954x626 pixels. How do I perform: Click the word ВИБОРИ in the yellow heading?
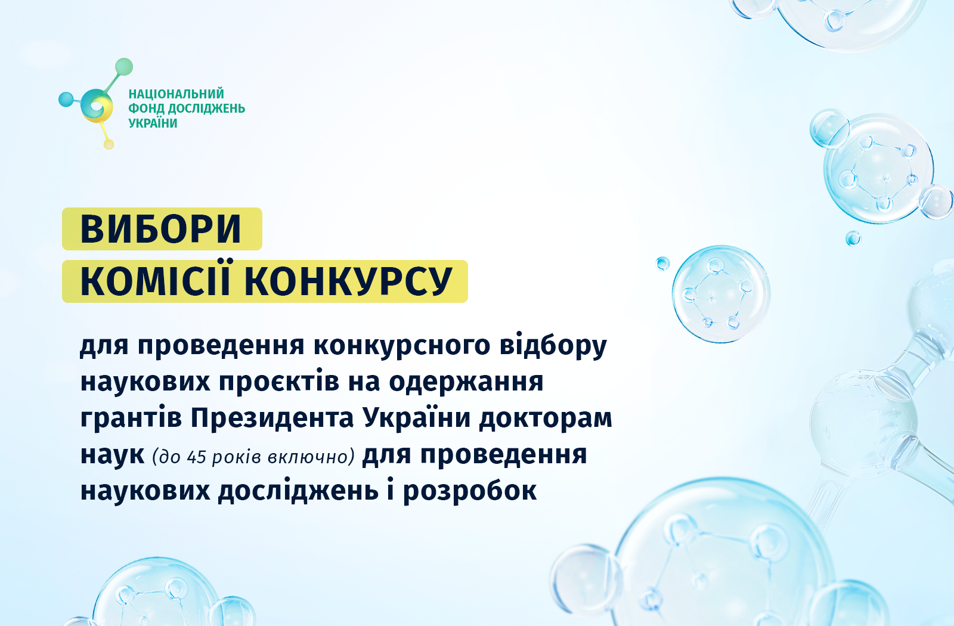[x=161, y=229]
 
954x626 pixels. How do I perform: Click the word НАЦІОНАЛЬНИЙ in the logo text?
[x=176, y=94]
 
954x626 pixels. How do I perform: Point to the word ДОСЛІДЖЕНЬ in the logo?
[x=206, y=109]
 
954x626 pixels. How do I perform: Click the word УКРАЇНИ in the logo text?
[x=153, y=123]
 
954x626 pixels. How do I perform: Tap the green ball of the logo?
[x=124, y=67]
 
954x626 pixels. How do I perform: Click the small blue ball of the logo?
[x=66, y=100]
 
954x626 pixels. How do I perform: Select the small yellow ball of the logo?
[x=109, y=144]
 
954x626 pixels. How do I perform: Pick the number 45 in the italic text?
[x=196, y=457]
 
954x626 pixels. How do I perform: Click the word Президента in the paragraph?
[x=272, y=418]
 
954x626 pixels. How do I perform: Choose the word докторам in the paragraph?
[x=546, y=418]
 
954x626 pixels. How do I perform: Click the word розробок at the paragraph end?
[x=470, y=491]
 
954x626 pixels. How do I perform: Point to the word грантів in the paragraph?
[x=131, y=419]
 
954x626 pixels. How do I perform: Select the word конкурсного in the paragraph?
[x=402, y=345]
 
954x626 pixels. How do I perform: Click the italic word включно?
[x=311, y=457]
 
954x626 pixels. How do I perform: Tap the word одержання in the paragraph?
[x=466, y=382]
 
